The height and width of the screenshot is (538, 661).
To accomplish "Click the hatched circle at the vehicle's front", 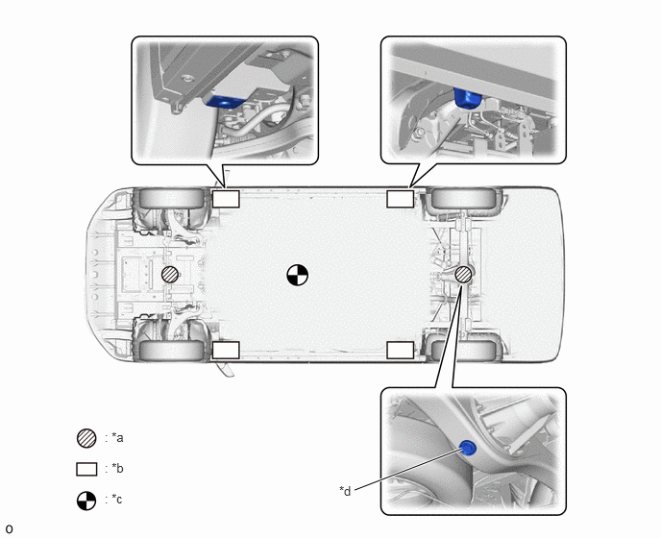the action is tap(170, 275).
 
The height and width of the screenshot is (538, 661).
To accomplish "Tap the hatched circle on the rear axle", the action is tap(464, 275).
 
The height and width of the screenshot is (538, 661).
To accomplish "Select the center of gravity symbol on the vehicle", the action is tap(297, 275).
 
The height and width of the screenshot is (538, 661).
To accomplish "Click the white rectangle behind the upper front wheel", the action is tap(226, 199).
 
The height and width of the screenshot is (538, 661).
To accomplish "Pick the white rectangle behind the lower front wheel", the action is tap(226, 350).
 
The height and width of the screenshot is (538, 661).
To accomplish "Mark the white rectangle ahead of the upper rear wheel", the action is tap(400, 199).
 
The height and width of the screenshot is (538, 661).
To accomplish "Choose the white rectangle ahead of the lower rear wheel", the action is tap(400, 350).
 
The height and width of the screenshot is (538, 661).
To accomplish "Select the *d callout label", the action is tap(345, 491).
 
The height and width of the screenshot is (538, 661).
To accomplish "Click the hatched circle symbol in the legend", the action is tap(86, 438).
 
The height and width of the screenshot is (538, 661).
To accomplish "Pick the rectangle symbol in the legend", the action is tap(86, 469).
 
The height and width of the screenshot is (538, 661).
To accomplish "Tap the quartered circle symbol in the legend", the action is tap(86, 501).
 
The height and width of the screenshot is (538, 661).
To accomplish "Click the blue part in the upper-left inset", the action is tap(224, 102).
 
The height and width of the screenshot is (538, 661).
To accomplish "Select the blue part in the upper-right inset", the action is tap(468, 98).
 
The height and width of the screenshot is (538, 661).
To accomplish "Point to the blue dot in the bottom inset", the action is tap(468, 448).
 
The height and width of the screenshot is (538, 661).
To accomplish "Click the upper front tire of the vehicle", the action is tap(171, 198).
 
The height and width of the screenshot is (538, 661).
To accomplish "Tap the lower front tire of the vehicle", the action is tap(171, 350).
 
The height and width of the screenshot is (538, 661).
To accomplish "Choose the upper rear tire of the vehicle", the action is tap(464, 198).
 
